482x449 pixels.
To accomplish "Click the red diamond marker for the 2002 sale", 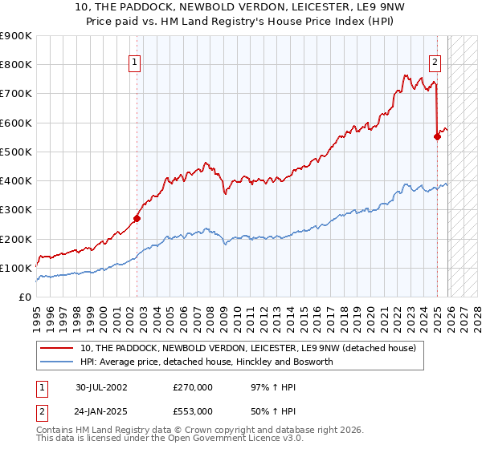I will tap(137, 218).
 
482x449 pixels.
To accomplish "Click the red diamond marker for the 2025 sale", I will tap(438, 136).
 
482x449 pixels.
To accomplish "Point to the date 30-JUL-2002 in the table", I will tap(101, 386).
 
